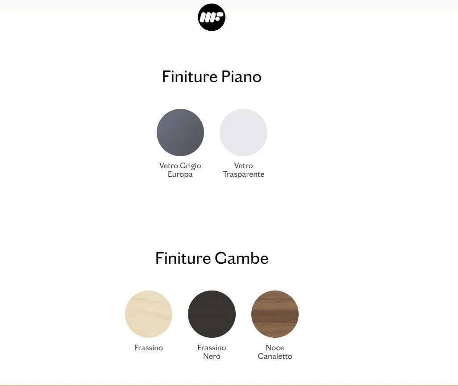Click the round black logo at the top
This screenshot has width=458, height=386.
tap(212, 17)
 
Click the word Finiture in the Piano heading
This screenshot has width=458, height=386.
tap(190, 77)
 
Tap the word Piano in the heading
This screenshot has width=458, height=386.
tap(241, 77)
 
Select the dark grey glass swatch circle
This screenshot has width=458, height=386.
tap(180, 132)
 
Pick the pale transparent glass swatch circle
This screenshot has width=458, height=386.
tap(243, 132)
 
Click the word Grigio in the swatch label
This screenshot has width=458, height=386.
tap(191, 166)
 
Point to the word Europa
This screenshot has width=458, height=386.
tap(180, 174)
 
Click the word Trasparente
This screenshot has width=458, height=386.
tap(244, 174)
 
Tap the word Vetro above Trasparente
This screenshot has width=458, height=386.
tap(244, 166)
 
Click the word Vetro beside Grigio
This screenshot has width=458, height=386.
tap(169, 166)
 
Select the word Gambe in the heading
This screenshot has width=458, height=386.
tap(241, 258)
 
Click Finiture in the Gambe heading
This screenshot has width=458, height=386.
tap(183, 258)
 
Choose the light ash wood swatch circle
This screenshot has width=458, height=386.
tap(149, 314)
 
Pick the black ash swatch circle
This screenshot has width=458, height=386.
tap(212, 314)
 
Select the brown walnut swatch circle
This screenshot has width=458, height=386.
tap(275, 314)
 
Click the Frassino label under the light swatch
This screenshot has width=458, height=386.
tap(149, 348)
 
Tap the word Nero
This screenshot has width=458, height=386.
tap(212, 356)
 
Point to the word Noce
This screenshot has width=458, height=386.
tap(275, 348)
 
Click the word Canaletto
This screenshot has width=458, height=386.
tap(275, 356)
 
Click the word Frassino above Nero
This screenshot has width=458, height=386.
tap(212, 348)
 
